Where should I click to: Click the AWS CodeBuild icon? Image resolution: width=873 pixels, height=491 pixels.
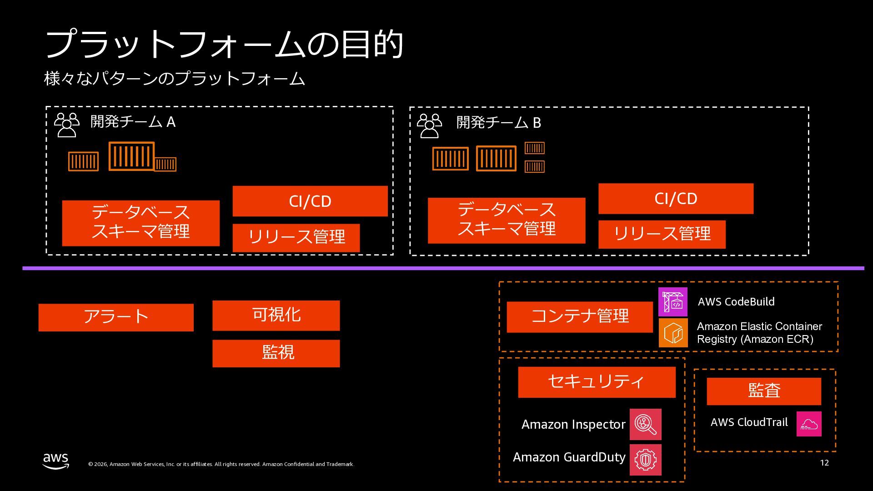(672, 302)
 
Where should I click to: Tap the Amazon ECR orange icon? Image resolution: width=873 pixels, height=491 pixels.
(673, 333)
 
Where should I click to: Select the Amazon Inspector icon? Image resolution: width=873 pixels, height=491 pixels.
(645, 424)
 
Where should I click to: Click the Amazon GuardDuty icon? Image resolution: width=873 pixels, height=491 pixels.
(645, 460)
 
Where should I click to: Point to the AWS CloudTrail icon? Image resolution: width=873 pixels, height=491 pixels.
(809, 424)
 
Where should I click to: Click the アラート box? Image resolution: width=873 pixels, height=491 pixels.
(116, 317)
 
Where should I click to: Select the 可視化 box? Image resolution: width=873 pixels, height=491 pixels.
(276, 315)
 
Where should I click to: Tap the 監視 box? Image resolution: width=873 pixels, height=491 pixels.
(276, 353)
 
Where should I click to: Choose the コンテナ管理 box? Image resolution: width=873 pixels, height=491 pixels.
(580, 317)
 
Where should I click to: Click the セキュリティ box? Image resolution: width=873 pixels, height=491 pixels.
(597, 382)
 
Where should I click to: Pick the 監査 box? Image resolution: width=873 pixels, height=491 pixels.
(764, 391)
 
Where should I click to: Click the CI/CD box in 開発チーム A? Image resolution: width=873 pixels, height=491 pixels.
(310, 201)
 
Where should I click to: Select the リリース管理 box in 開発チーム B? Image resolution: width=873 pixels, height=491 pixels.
(662, 234)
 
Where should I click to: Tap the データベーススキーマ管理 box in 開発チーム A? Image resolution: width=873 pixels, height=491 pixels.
(140, 223)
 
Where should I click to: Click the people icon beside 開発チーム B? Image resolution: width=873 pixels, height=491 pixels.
(429, 125)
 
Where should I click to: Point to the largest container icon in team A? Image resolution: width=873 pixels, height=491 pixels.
(131, 156)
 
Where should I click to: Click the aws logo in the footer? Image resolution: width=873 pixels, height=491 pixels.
(56, 461)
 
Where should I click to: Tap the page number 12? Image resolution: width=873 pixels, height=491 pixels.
(824, 463)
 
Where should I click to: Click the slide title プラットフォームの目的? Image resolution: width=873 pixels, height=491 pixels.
(224, 44)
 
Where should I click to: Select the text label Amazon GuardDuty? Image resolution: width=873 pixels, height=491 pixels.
(569, 457)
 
